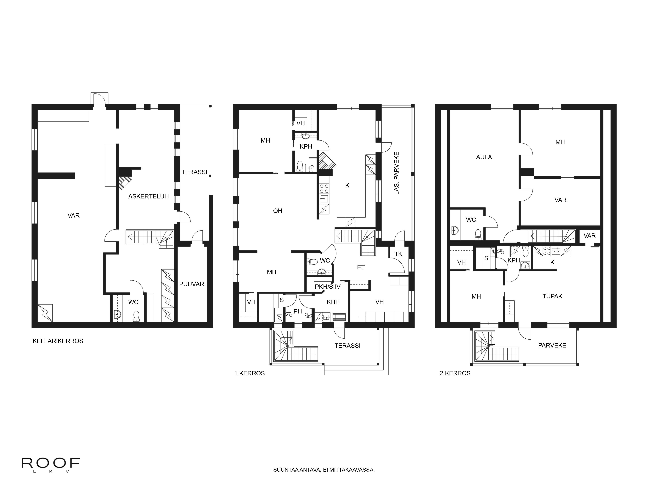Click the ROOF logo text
pyautogui.click(x=51, y=463)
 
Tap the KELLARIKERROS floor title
pyautogui.click(x=58, y=341)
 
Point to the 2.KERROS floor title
pyautogui.click(x=455, y=373)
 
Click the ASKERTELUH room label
pyautogui.click(x=149, y=196)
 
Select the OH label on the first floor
pyautogui.click(x=277, y=211)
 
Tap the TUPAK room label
pyautogui.click(x=552, y=296)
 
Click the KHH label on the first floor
pyautogui.click(x=333, y=302)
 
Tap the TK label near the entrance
pyautogui.click(x=398, y=254)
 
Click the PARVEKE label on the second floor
pyautogui.click(x=552, y=345)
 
